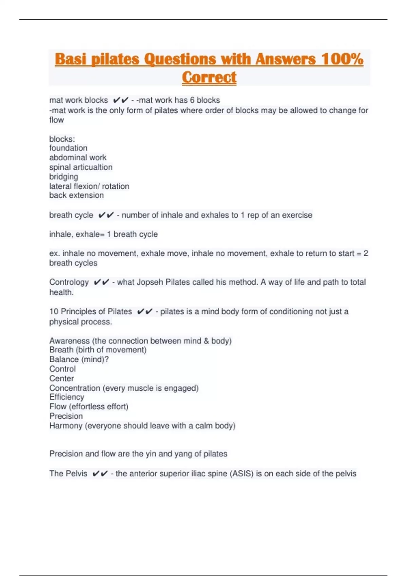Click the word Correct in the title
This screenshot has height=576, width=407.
[209, 77]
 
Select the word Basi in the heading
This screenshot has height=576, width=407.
[71, 59]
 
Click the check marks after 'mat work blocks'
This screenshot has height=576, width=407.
[120, 100]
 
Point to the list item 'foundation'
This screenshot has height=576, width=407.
[68, 148]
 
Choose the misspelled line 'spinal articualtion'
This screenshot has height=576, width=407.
[81, 167]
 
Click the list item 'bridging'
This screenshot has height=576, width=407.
[64, 177]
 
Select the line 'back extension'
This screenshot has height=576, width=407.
[76, 196]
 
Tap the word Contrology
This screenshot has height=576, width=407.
[69, 282]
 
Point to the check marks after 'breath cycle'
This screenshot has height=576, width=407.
[106, 215]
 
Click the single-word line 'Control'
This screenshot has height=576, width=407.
[62, 369]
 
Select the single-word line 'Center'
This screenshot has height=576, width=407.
[61, 378]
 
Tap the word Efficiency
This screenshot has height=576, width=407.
[66, 397]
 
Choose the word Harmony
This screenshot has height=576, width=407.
[66, 426]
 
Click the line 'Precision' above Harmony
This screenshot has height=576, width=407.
[66, 416]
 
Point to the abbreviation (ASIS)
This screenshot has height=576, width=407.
[242, 474]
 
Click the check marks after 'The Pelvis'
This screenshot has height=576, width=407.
[100, 474]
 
